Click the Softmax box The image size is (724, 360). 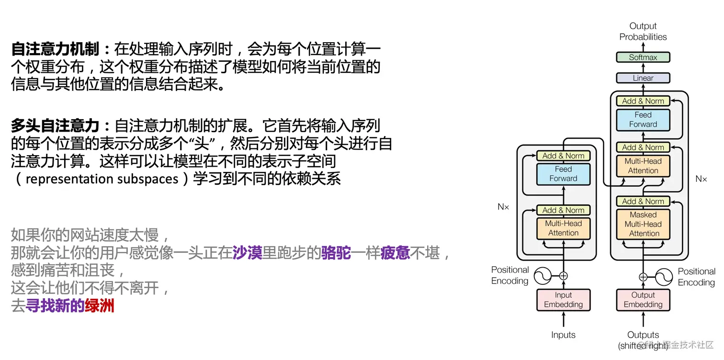click(643, 57)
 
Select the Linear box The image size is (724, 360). click(643, 78)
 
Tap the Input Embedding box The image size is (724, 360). click(563, 300)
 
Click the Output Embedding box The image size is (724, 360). click(643, 300)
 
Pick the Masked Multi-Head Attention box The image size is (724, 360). click(643, 224)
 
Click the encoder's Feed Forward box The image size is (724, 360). click(563, 174)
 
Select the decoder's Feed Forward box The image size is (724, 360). click(643, 120)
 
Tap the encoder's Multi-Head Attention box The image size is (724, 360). click(563, 228)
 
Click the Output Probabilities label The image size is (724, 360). click(643, 32)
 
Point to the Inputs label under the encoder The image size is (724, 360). click(563, 335)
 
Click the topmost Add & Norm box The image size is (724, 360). click(643, 101)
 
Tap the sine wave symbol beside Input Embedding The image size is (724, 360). click(543, 276)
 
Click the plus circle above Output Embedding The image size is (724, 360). click(643, 277)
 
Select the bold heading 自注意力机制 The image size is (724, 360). click(55, 49)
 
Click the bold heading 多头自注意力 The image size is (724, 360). click(55, 126)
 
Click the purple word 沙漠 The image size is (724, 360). click(247, 253)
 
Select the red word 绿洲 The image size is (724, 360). click(100, 306)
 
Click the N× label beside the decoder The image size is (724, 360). click(701, 179)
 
